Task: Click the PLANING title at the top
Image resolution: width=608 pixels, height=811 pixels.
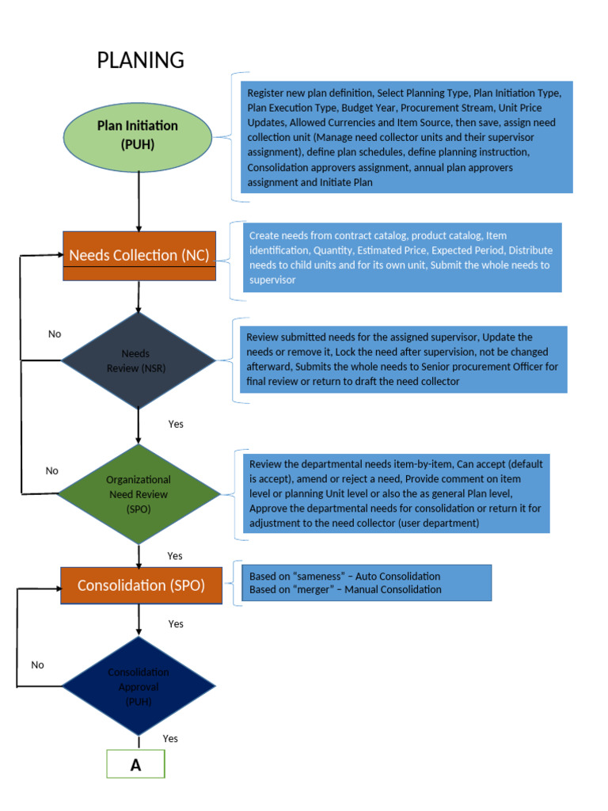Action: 140,60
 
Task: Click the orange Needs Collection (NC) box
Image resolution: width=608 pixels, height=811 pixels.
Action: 139,255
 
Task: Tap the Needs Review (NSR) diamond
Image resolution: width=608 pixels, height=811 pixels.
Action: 138,360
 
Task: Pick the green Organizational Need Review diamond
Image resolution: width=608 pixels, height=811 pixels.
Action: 139,494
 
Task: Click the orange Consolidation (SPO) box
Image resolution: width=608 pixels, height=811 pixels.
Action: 140,585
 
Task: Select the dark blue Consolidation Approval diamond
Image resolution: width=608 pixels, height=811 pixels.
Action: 138,686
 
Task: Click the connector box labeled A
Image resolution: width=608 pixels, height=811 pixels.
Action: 135,765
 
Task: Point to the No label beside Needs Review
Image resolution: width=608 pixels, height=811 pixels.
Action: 54,333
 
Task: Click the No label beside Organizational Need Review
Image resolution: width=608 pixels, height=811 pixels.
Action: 51,470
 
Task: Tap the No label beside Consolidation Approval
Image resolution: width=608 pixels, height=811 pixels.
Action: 37,664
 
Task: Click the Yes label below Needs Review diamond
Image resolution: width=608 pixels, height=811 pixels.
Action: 176,424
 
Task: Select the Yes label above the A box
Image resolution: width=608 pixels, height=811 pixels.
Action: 170,738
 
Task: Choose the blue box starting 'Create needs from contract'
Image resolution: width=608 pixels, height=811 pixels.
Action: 402,257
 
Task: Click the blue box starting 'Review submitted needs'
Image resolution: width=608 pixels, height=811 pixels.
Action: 403,359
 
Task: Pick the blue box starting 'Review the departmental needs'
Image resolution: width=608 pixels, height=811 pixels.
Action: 396,493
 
